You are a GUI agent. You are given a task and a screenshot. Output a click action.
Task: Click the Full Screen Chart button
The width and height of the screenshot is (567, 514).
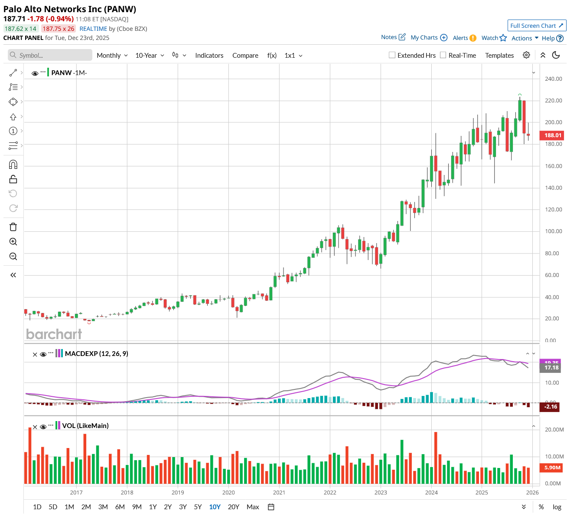(x=537, y=26)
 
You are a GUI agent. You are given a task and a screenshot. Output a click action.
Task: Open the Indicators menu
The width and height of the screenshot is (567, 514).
(x=209, y=55)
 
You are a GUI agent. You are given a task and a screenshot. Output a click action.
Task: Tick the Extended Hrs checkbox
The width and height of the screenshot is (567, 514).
(x=392, y=55)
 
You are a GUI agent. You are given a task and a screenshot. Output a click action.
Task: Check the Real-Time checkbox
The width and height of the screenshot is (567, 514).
(x=443, y=55)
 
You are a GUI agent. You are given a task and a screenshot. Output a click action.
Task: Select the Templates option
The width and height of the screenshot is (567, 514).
(x=499, y=55)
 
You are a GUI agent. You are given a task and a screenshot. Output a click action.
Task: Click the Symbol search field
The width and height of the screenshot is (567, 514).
(x=50, y=55)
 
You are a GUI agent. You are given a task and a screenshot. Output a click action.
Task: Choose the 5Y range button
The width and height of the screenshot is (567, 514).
(x=198, y=507)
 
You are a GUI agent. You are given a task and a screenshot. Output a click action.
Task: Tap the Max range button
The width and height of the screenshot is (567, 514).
(x=253, y=507)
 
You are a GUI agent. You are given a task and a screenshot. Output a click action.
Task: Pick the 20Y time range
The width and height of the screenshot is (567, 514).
(x=233, y=507)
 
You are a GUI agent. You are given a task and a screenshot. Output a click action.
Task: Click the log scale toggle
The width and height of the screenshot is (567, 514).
(x=557, y=507)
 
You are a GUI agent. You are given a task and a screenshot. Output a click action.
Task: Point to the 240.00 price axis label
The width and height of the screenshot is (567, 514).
(x=553, y=79)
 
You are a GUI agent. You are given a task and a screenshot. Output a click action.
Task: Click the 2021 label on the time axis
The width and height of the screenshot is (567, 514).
(x=279, y=492)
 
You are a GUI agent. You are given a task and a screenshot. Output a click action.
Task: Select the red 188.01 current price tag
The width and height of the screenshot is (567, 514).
(x=553, y=135)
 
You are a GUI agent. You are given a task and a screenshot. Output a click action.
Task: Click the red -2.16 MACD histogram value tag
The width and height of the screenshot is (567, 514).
(x=551, y=407)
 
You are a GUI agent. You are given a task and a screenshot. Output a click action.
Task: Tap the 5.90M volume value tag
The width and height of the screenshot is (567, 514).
(x=552, y=468)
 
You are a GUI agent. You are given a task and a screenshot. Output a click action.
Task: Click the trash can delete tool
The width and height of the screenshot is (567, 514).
(x=13, y=227)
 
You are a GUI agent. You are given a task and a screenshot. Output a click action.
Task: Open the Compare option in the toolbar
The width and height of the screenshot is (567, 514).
(x=245, y=55)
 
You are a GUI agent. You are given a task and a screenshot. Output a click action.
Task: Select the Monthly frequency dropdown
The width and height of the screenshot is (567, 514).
(x=112, y=55)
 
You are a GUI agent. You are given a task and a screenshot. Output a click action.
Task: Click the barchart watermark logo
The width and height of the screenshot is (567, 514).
(x=54, y=334)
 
